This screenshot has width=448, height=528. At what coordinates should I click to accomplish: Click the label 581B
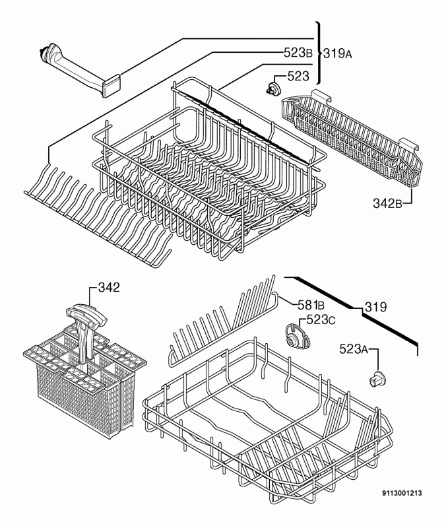[x=310, y=305]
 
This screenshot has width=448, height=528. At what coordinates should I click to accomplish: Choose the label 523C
[x=322, y=320]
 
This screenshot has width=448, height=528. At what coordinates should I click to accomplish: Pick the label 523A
[x=354, y=349]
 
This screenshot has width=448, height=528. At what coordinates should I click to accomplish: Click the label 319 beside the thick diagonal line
[x=375, y=308]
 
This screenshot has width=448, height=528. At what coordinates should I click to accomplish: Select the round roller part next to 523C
[x=291, y=334]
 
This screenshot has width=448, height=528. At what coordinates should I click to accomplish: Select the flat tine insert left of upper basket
[x=99, y=211]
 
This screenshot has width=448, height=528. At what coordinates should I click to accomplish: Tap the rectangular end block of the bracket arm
[x=112, y=84]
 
